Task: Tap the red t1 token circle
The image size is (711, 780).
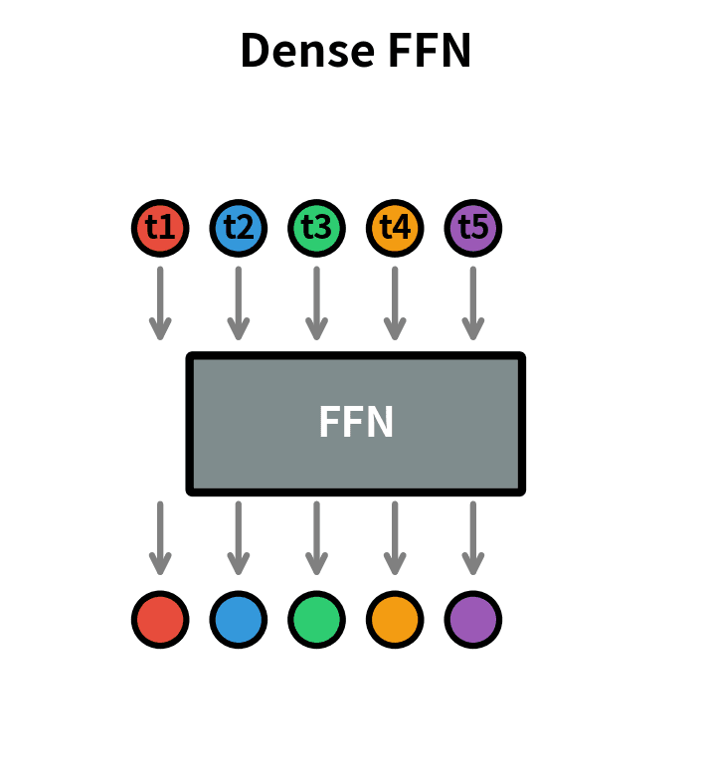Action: (x=160, y=228)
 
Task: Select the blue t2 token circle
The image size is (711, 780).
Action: (x=238, y=228)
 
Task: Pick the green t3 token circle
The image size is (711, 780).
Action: (x=316, y=228)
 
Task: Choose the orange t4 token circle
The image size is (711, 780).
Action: (x=395, y=228)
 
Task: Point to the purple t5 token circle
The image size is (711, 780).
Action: (x=473, y=228)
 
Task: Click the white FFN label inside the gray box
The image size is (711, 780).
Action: (x=356, y=423)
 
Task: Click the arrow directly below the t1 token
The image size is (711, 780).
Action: (x=160, y=302)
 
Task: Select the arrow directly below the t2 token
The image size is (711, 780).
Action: (x=238, y=302)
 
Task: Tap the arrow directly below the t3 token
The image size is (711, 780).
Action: (x=316, y=302)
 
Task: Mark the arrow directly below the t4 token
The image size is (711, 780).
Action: (x=395, y=302)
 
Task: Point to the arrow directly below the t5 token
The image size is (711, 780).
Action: (x=473, y=302)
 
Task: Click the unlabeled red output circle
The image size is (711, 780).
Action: (x=160, y=619)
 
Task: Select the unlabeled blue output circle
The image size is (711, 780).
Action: (x=238, y=619)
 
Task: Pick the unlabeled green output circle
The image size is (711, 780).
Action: (x=316, y=619)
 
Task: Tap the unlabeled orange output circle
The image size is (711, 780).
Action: (x=395, y=619)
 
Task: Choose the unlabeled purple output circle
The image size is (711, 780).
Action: (x=473, y=619)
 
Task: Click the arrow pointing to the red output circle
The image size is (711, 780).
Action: (x=160, y=537)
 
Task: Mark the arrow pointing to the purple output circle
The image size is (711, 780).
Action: (x=473, y=537)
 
